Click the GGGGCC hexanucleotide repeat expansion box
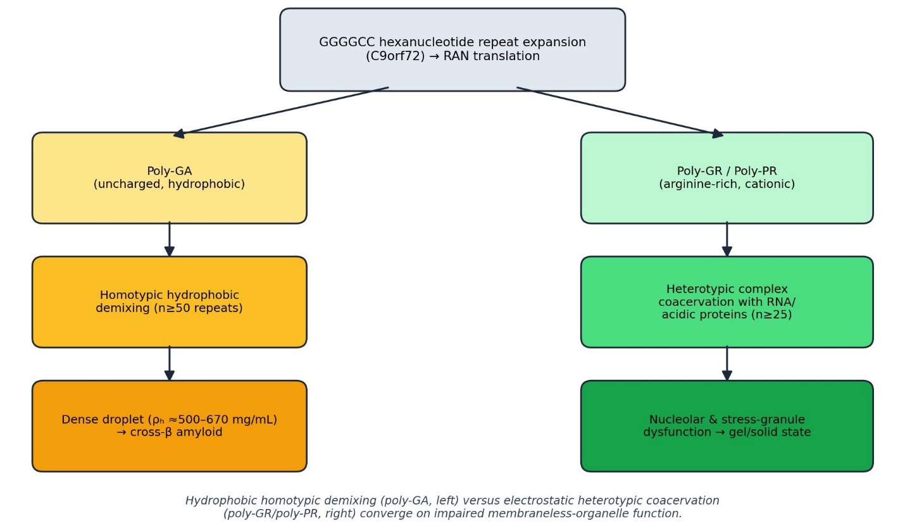453,49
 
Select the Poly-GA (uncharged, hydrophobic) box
169,177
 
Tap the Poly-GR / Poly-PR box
727,177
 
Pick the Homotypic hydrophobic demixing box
169,301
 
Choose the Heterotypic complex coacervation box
727,301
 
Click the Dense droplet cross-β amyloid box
169,425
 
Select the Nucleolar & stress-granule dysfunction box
727,425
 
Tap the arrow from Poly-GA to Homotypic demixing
169,239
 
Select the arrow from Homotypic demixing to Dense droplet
169,363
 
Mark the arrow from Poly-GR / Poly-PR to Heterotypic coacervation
727,239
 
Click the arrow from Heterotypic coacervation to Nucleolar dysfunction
727,363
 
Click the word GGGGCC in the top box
347,42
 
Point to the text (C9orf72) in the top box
395,56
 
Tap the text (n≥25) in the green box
771,315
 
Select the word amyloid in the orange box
199,432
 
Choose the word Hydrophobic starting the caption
216,501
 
